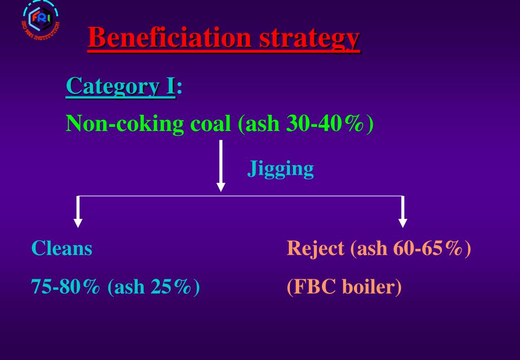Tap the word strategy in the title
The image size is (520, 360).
click(309, 39)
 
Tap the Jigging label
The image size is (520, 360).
click(280, 169)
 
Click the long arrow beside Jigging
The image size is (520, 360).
click(220, 166)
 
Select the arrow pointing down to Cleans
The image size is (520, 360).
click(78, 211)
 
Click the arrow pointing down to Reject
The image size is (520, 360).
click(403, 211)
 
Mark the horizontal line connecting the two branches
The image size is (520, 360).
click(305, 196)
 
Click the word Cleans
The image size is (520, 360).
click(62, 248)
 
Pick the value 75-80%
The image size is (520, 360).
click(66, 287)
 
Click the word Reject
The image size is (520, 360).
click(315, 248)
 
